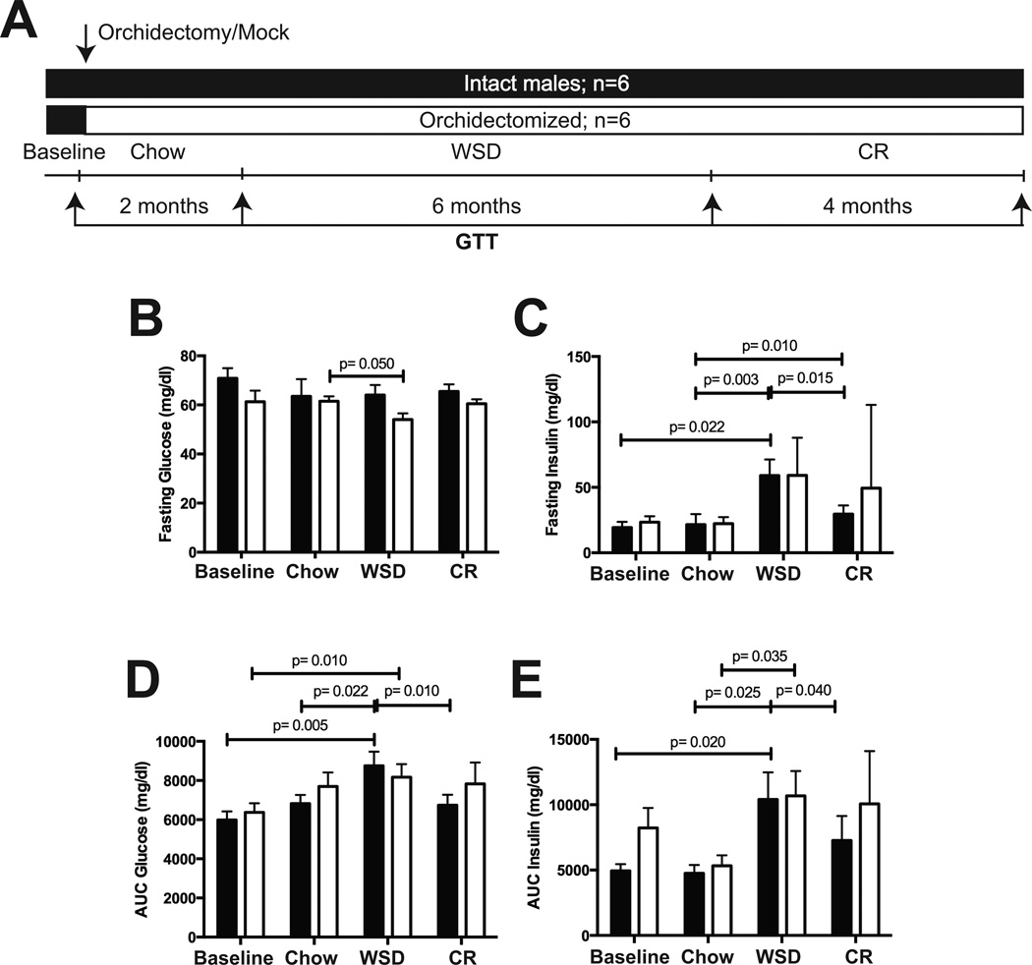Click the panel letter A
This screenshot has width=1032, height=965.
[x=22, y=21]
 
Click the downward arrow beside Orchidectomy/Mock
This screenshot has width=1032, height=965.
[x=86, y=41]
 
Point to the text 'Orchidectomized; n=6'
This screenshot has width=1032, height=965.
[x=539, y=120]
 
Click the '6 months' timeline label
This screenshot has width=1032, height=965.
[x=476, y=206]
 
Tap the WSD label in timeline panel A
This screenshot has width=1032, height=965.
[x=476, y=152]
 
